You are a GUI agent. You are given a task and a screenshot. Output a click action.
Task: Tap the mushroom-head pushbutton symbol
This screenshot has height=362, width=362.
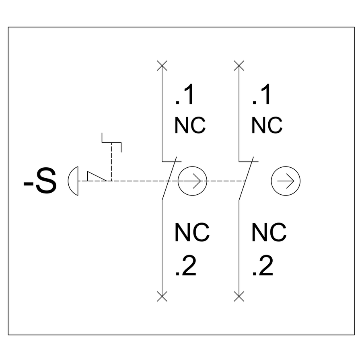74,181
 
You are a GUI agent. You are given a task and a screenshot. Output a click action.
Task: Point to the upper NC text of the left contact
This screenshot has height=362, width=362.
190,125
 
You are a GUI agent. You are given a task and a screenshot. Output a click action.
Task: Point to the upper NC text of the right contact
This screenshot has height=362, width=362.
267,125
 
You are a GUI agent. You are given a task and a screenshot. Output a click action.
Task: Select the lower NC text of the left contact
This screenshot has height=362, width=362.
192,232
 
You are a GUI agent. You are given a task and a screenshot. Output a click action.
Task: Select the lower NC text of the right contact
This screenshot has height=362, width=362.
269,232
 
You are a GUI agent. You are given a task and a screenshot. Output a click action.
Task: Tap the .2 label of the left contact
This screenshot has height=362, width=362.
186,266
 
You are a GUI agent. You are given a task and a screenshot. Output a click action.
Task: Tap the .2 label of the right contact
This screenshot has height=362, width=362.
263,266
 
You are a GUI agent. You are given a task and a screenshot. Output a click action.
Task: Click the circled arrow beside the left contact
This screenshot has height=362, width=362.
192,181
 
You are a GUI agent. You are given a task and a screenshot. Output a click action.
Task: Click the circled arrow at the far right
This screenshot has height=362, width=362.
286,181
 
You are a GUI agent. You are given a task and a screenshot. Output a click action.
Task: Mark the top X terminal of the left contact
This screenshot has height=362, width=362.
162,65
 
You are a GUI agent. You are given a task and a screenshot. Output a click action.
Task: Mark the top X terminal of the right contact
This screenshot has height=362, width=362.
239,65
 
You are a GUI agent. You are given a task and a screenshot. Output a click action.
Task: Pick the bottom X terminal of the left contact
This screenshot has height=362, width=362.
162,297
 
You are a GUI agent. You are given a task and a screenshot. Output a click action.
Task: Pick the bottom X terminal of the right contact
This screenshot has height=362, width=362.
239,297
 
